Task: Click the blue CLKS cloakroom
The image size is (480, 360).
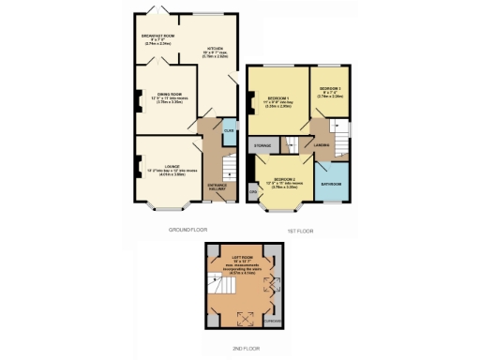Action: (228, 134)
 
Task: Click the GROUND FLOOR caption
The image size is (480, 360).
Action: (187, 229)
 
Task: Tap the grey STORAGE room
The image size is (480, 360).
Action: (262, 146)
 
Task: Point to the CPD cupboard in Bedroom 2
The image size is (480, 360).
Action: (252, 193)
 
